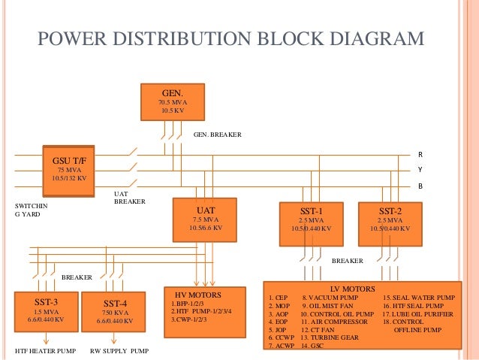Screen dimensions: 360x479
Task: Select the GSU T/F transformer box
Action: pyautogui.click(x=70, y=168)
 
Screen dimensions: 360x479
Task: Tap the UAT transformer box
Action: pyautogui.click(x=205, y=219)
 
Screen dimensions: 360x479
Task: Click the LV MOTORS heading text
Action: pyautogui.click(x=353, y=288)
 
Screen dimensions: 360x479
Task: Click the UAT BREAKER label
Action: pyautogui.click(x=129, y=197)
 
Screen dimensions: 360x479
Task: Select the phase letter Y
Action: pyautogui.click(x=420, y=169)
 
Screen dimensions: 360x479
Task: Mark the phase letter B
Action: pyautogui.click(x=420, y=185)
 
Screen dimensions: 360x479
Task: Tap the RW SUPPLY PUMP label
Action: pyautogui.click(x=119, y=351)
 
